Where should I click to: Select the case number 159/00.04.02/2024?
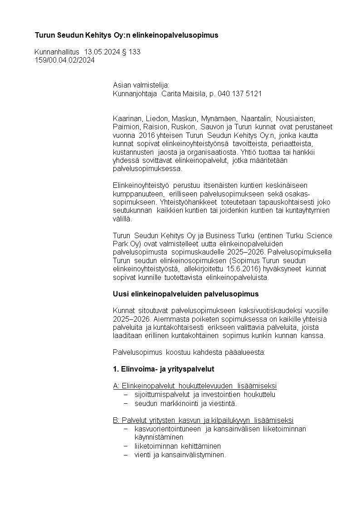tap(65, 60)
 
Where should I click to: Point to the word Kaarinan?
tap(127, 118)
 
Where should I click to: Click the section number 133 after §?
tap(135, 52)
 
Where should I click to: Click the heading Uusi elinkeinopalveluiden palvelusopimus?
tap(185, 294)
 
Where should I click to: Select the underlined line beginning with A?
tap(195, 386)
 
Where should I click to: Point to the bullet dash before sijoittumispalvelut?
tap(126, 395)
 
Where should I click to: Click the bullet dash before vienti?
tap(126, 455)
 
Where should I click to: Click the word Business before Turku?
tap(220, 235)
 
